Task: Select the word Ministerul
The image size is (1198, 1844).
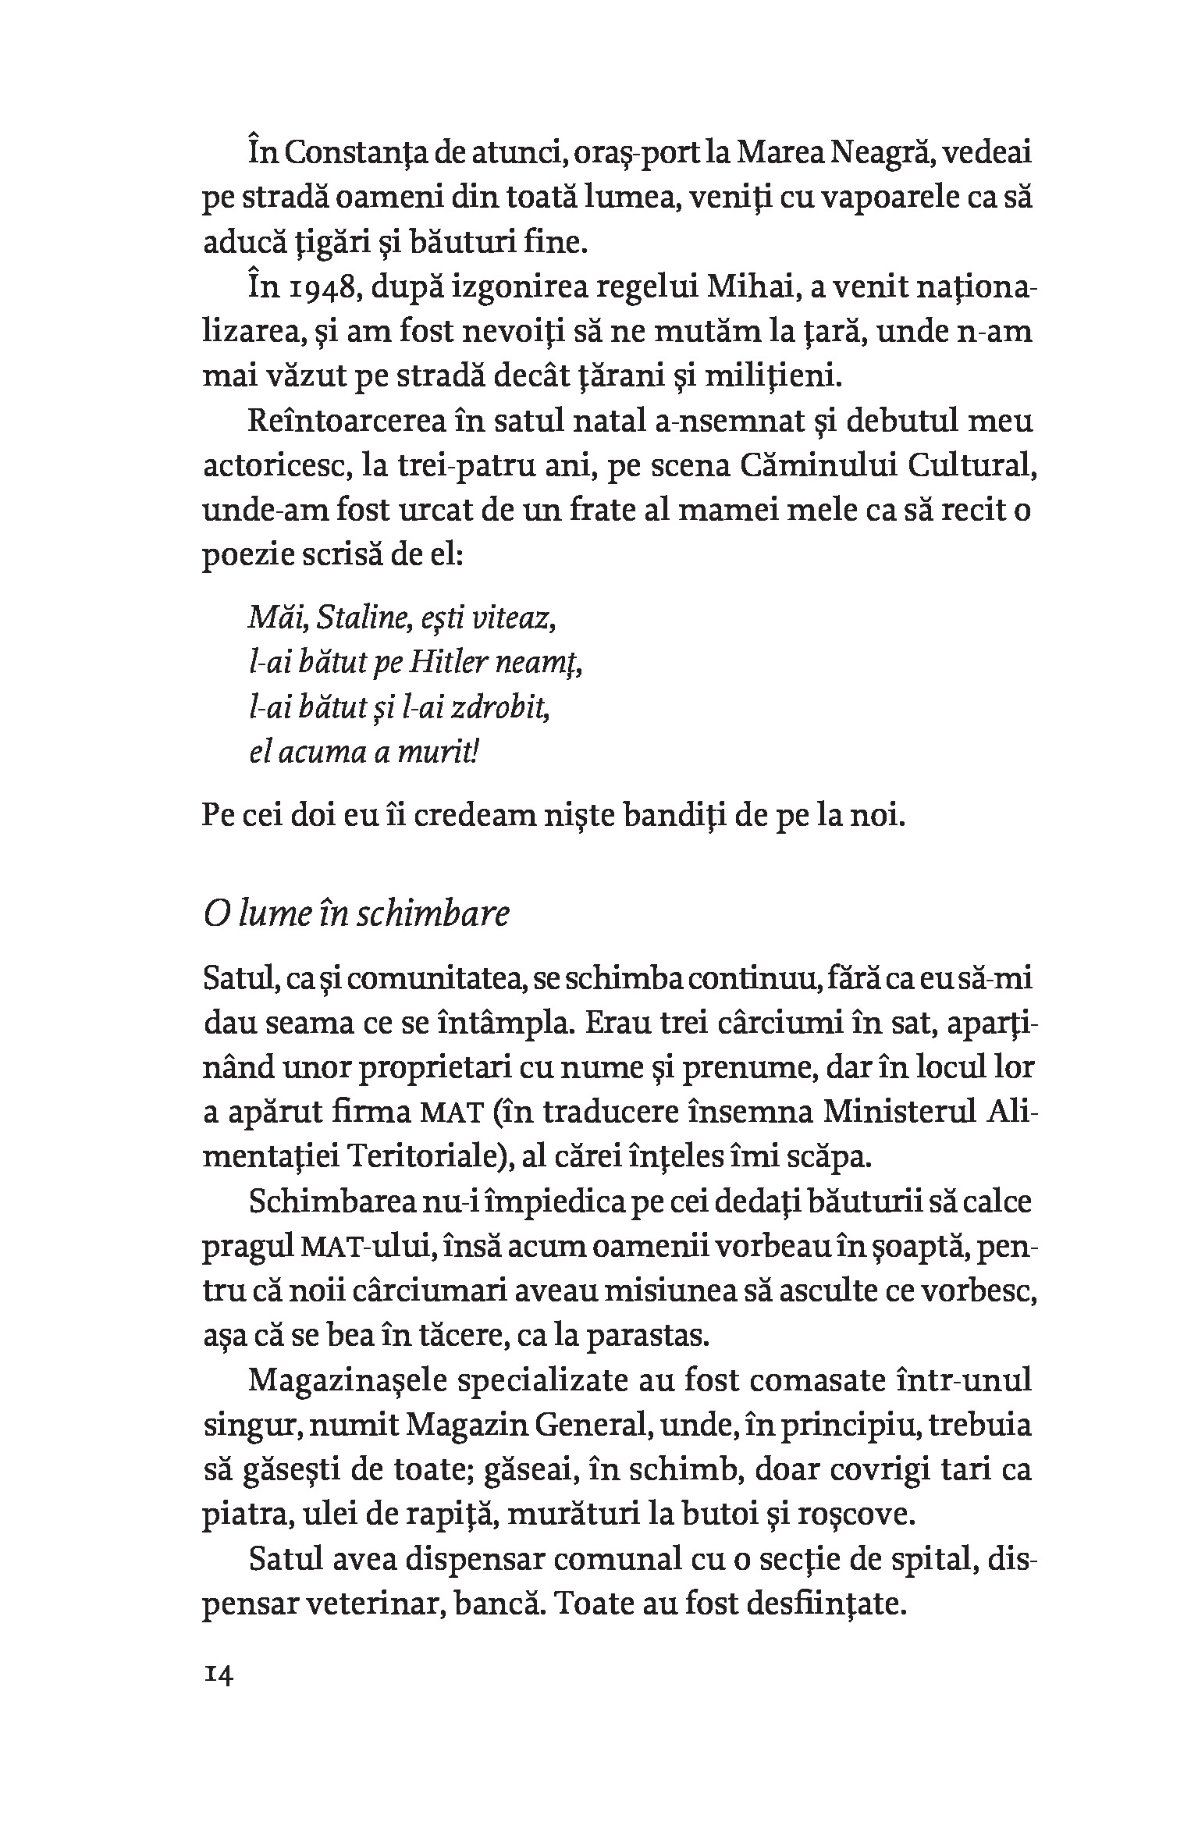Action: tap(897, 1112)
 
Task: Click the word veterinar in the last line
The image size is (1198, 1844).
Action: tap(371, 1604)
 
